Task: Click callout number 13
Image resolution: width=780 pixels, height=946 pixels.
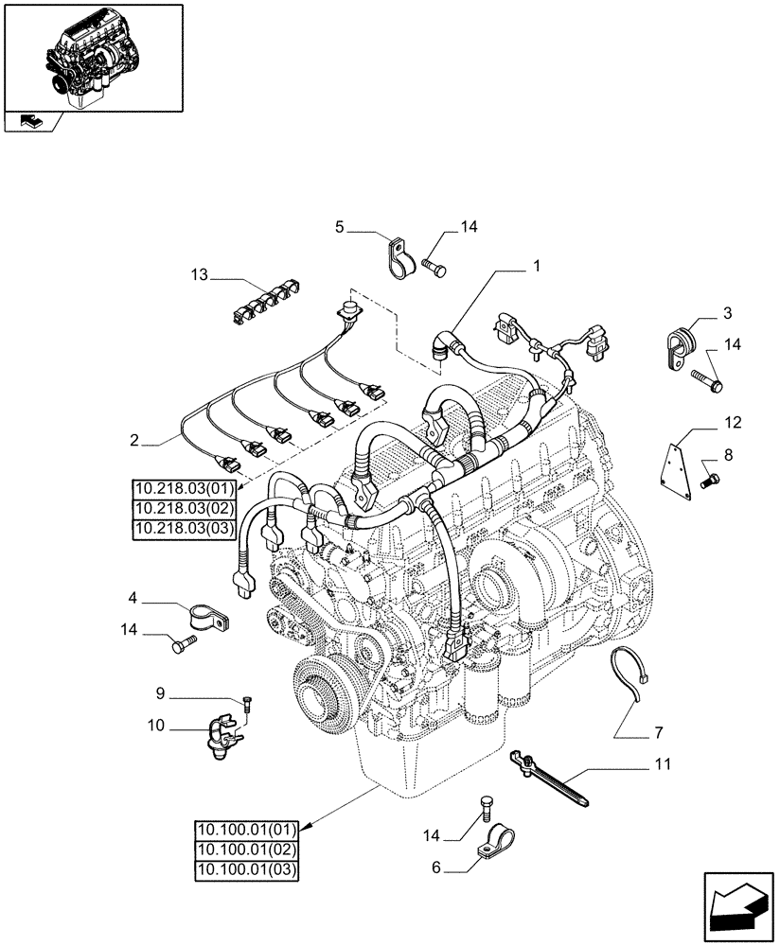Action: [x=197, y=275]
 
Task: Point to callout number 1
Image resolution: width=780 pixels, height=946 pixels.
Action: [x=536, y=268]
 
